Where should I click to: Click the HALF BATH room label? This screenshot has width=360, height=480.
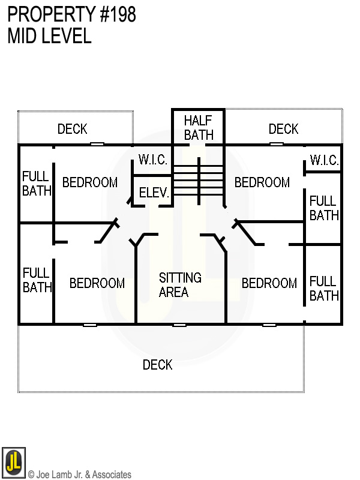[x=199, y=128]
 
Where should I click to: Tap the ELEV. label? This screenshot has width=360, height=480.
[x=154, y=193]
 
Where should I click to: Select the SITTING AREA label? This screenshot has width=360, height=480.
[x=179, y=285]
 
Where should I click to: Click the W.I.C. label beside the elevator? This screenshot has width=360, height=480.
[x=152, y=160]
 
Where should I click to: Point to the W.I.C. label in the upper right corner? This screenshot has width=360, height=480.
[x=324, y=161]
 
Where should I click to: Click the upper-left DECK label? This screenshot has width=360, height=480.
[x=72, y=129]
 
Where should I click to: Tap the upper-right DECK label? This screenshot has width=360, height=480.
[x=283, y=129]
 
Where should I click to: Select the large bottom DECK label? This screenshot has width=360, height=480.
[x=157, y=365]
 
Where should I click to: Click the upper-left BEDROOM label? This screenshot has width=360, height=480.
[x=89, y=182]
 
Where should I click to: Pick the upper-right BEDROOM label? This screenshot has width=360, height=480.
[x=262, y=182]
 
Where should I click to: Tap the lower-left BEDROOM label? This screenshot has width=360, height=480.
[x=97, y=283]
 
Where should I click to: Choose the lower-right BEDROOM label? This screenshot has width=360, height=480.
[x=269, y=283]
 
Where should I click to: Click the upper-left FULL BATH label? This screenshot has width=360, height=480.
[x=37, y=184]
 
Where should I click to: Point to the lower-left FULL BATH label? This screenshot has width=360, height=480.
[x=37, y=280]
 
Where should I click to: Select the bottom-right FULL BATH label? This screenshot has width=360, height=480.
[x=324, y=288]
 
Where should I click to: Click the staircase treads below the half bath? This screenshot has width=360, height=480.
[x=198, y=174]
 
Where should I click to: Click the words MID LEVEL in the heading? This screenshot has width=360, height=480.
[x=49, y=36]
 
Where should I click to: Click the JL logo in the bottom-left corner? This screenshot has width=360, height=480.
[x=13, y=463]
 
